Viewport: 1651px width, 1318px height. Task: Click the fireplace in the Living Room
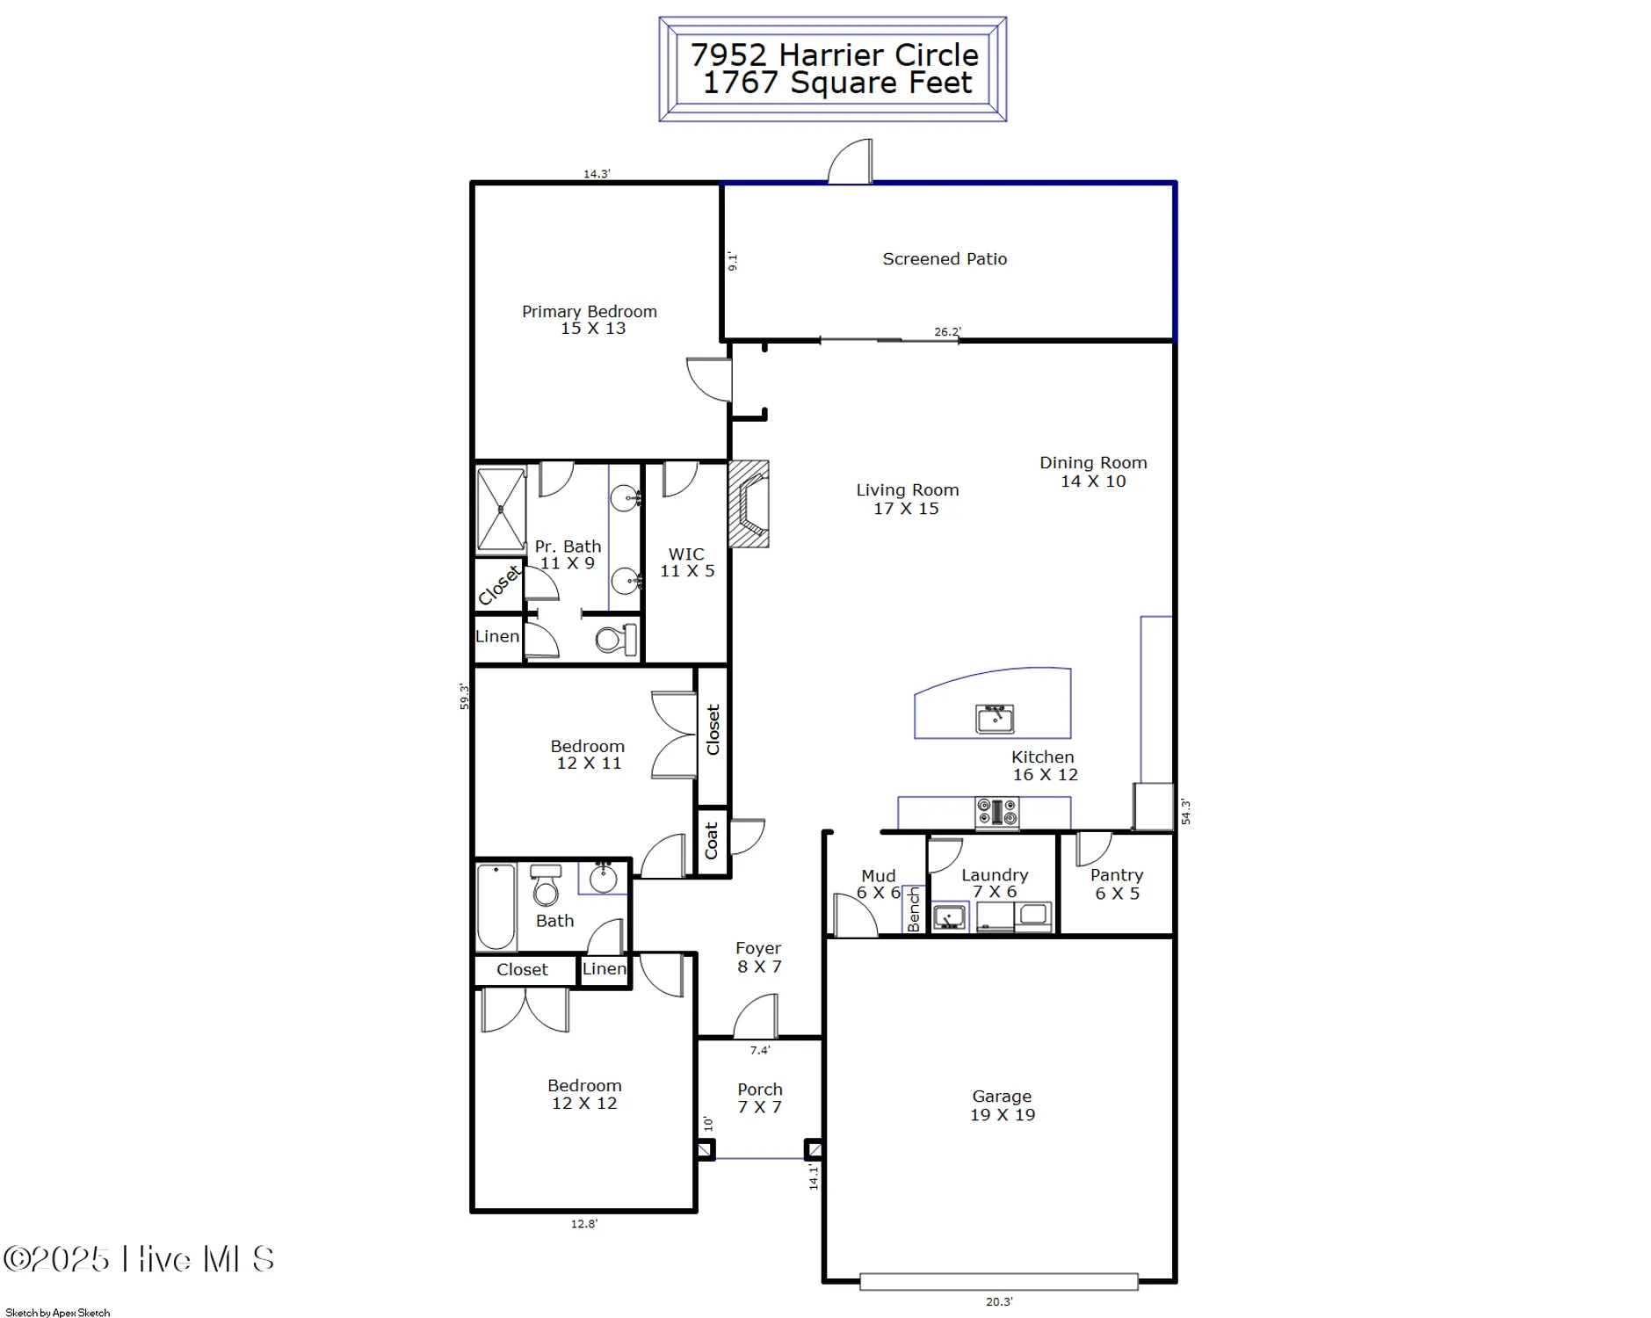click(749, 504)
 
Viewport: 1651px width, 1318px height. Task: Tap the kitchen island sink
click(995, 719)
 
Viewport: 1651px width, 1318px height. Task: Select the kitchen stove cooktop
click(997, 813)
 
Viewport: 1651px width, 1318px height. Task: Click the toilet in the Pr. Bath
click(616, 639)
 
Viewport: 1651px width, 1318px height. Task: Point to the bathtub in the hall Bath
click(496, 907)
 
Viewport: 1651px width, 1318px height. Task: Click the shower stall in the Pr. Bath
click(501, 510)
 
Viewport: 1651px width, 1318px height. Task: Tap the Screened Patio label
click(945, 259)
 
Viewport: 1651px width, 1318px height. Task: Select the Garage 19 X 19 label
click(1002, 1105)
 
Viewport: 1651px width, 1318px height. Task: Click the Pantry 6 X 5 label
click(1117, 884)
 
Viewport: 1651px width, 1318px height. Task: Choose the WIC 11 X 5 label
click(687, 562)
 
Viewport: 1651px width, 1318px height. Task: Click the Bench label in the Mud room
click(914, 909)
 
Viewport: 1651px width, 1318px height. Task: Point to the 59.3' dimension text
click(464, 696)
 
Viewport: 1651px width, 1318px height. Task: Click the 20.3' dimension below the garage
click(999, 1302)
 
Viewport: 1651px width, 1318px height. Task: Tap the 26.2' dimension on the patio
click(947, 332)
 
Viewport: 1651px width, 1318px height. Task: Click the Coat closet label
click(712, 841)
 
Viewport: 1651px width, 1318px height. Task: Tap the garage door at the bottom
click(998, 1282)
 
